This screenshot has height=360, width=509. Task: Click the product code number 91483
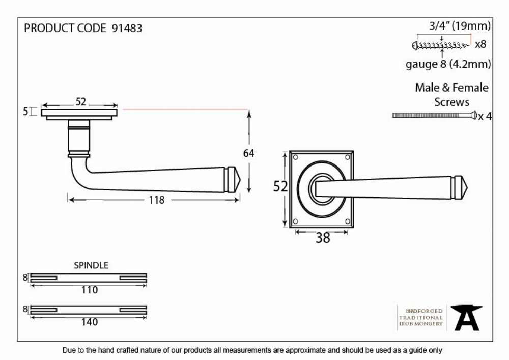click(127, 28)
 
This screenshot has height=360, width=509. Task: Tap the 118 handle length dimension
click(156, 200)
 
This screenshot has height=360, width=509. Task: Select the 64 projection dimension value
click(249, 153)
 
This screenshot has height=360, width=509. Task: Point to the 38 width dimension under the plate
click(323, 238)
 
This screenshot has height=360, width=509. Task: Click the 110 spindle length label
click(89, 290)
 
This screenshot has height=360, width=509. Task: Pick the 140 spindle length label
click(89, 322)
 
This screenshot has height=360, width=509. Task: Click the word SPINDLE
click(91, 265)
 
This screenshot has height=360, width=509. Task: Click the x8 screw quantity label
click(480, 44)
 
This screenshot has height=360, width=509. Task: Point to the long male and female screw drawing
click(434, 115)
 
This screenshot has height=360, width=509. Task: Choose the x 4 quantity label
click(485, 116)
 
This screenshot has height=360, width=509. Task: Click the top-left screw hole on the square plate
click(296, 158)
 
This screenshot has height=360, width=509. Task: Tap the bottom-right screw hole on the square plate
click(347, 221)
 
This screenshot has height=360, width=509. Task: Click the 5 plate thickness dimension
click(25, 112)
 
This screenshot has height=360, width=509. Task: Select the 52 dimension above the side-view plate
click(80, 102)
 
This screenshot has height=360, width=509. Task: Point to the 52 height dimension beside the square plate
click(280, 187)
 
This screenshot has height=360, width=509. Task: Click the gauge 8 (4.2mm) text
click(448, 64)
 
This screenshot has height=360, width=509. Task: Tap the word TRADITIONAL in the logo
click(421, 318)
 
